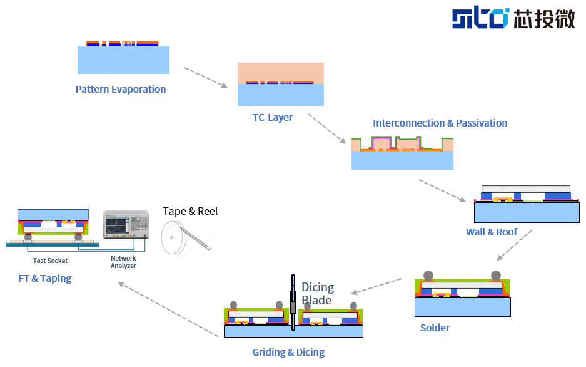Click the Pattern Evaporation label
[121, 90]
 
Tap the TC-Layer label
[273, 118]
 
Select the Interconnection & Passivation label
[440, 123]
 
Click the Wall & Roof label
[492, 232]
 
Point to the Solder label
[435, 328]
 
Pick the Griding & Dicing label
[288, 352]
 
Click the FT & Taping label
[45, 278]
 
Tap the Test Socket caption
[50, 261]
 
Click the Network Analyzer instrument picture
[126, 224]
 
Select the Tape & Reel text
[190, 212]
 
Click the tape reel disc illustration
[173, 237]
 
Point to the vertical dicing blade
[293, 302]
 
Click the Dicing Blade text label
[318, 294]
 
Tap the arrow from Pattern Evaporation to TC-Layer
[206, 78]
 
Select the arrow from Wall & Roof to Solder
[514, 245]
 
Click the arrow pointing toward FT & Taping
[168, 309]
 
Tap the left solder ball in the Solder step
[428, 276]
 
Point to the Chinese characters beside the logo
[543, 18]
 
